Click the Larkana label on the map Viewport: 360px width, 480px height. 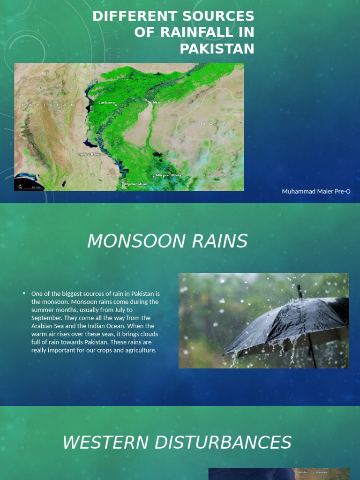coord(106,102)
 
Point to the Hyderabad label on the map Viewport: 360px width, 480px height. coord(136,184)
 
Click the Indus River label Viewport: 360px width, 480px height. coord(90,154)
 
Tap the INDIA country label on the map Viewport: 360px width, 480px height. coord(211,123)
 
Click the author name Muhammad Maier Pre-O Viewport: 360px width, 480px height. coord(316,191)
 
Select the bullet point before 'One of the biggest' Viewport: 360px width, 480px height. coord(24,293)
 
